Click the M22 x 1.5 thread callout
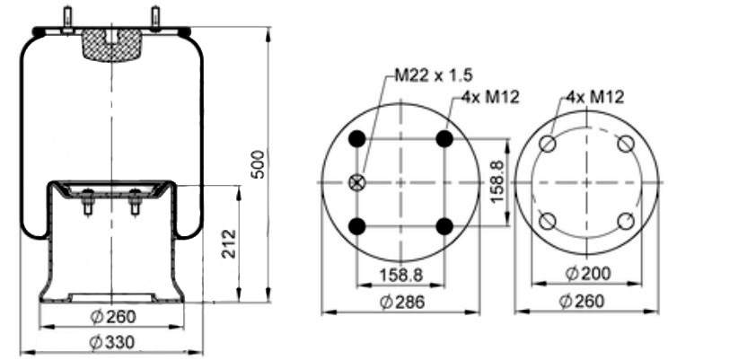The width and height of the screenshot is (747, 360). [x=434, y=75]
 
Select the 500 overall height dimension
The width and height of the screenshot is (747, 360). [x=258, y=164]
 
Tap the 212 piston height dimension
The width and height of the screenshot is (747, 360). [x=229, y=244]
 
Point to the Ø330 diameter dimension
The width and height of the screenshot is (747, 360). [x=112, y=342]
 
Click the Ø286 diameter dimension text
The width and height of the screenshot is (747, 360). [x=402, y=302]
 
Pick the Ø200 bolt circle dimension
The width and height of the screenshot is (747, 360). [x=588, y=273]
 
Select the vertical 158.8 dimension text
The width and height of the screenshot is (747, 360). [x=497, y=182]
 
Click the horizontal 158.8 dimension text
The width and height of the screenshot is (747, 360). [x=401, y=275]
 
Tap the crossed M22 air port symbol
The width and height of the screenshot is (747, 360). [x=356, y=182]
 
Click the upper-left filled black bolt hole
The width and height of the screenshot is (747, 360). [x=356, y=139]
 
